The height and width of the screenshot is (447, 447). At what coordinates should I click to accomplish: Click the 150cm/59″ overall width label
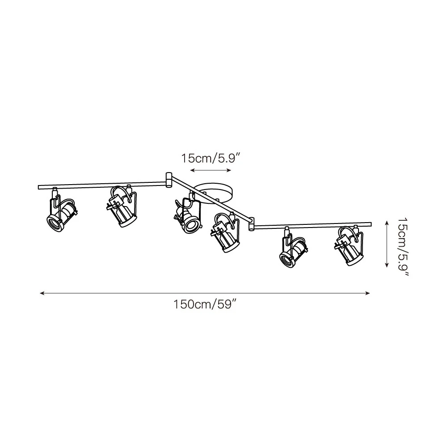[x=206, y=304]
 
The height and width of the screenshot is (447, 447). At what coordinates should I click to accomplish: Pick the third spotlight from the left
[x=188, y=212]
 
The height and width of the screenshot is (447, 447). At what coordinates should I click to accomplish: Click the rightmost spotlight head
[x=350, y=245]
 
